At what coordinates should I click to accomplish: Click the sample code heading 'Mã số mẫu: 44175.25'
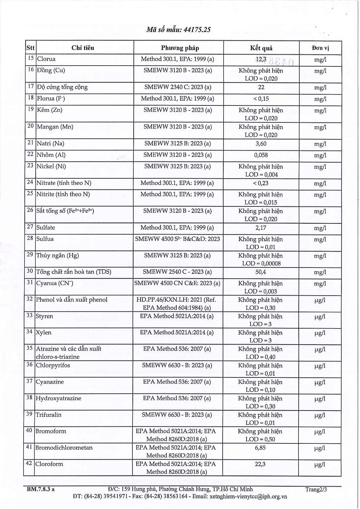(178, 29)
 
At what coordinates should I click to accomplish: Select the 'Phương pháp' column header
(180, 48)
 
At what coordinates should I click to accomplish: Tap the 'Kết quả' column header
(261, 48)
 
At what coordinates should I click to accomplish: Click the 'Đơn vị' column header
(320, 48)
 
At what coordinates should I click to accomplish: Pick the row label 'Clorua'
(46, 59)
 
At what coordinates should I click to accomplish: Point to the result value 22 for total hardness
(261, 87)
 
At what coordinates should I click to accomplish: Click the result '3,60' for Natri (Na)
(261, 144)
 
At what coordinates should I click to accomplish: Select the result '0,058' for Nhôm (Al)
(261, 155)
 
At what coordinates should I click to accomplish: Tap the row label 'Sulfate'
(46, 227)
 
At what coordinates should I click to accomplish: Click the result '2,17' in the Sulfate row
(261, 228)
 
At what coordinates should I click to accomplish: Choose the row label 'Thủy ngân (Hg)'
(57, 255)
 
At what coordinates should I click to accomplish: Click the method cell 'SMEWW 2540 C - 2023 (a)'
(177, 272)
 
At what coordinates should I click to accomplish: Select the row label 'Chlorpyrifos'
(53, 365)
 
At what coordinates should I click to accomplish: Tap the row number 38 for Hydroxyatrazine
(29, 397)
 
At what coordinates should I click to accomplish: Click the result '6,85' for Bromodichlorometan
(260, 448)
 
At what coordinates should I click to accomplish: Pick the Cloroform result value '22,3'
(260, 464)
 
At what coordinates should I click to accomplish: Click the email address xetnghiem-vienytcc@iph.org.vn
(248, 496)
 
